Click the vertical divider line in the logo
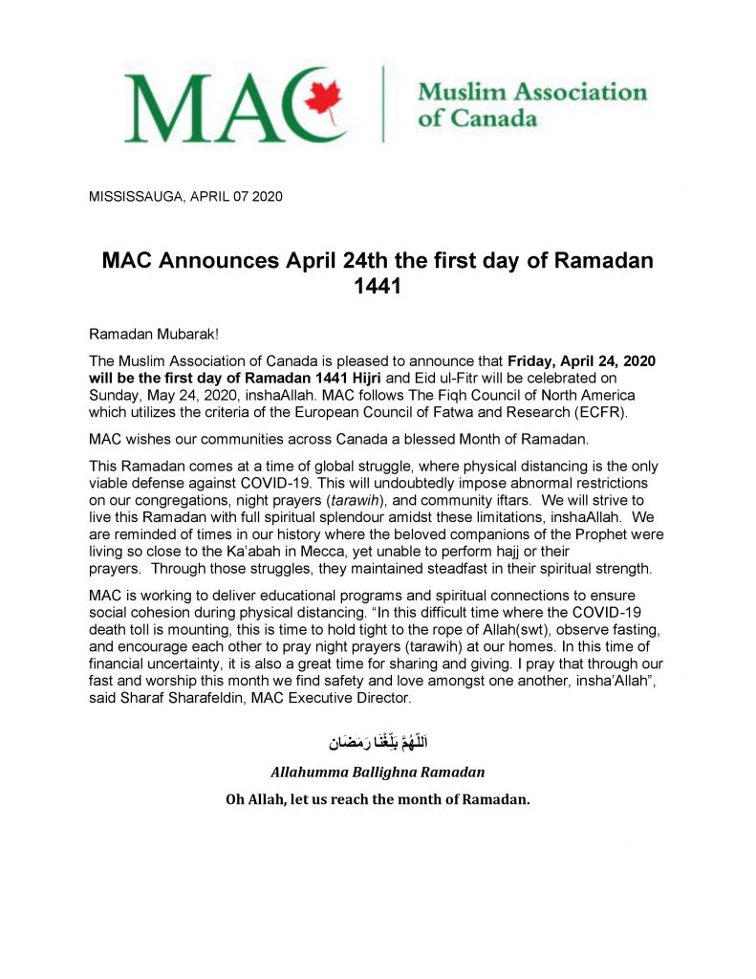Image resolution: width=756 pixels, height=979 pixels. (x=383, y=104)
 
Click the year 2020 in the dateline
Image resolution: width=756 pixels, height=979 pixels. (x=266, y=198)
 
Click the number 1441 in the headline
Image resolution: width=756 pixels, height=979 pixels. (x=378, y=285)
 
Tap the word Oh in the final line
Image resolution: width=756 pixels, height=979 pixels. (x=236, y=799)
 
